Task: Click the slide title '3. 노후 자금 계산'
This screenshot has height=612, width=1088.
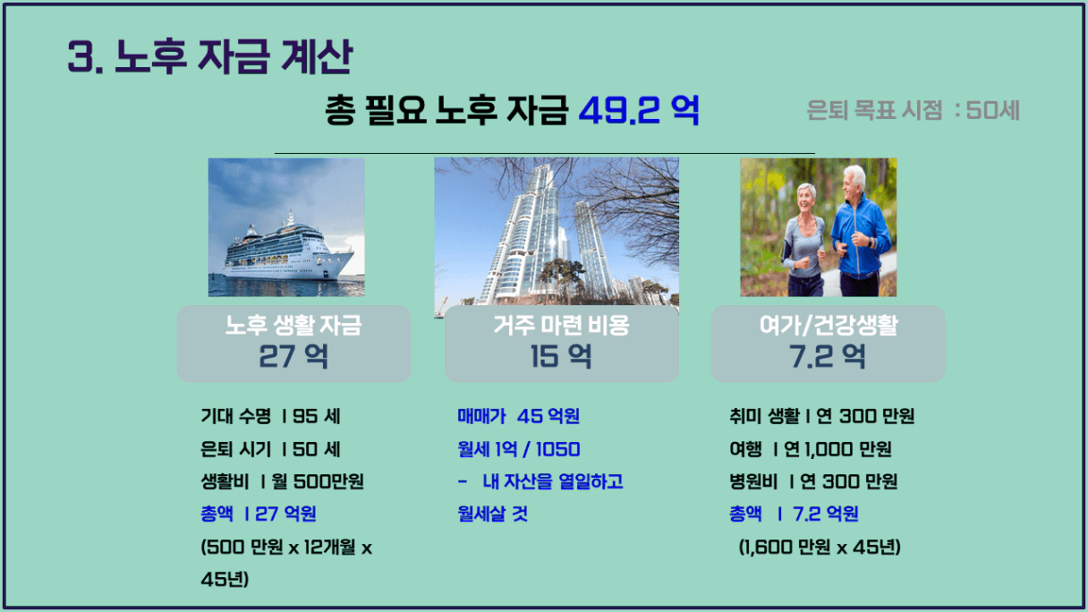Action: (x=210, y=56)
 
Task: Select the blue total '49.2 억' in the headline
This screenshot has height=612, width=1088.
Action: (x=639, y=111)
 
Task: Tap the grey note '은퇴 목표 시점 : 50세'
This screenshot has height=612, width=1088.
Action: (x=913, y=110)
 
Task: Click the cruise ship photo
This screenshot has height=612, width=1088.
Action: (x=286, y=227)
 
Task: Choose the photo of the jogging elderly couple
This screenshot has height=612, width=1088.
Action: (x=819, y=227)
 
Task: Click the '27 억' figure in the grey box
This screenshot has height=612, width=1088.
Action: (x=293, y=356)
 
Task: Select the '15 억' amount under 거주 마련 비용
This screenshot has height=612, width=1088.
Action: (x=561, y=356)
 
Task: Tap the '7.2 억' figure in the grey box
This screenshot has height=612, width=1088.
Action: (x=827, y=356)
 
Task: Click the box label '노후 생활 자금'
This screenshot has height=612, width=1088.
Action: (x=293, y=325)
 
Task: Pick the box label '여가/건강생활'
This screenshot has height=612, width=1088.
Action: (x=829, y=325)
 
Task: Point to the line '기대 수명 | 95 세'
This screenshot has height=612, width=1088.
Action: (x=270, y=416)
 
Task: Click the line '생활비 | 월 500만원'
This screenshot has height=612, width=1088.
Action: (x=282, y=481)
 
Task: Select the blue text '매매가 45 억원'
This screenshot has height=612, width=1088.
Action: (x=518, y=416)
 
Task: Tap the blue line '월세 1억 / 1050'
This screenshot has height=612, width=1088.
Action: (x=518, y=449)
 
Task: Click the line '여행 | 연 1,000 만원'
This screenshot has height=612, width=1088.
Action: (x=810, y=449)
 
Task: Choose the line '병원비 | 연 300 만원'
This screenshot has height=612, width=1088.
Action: (x=813, y=481)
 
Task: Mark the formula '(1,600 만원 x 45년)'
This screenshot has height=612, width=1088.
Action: (x=820, y=548)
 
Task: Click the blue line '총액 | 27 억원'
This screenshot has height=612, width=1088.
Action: (x=259, y=514)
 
